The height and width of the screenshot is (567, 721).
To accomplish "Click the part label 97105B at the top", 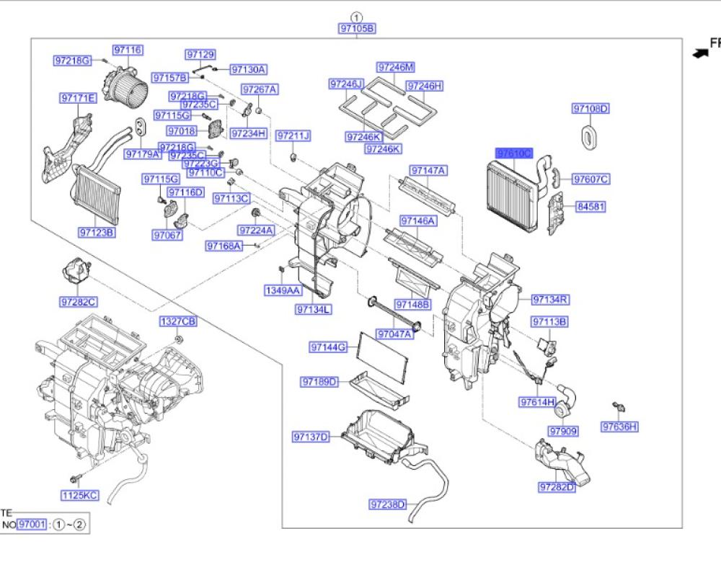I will coord(358,29).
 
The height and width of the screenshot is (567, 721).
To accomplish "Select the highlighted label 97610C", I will coord(514,153).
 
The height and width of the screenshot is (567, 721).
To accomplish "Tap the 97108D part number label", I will coord(591,109).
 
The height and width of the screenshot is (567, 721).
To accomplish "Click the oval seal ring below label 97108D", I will coord(590,137).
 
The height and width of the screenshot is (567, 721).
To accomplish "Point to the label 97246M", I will coord(397,67).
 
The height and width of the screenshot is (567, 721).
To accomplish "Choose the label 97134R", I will coord(551,299).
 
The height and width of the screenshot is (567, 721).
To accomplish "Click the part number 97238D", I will coord(388,504).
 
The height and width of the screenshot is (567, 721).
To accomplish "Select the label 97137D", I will coord(311,437).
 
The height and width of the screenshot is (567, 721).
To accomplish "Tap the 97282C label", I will coord(79,302).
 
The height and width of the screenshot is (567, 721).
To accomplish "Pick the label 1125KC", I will coord(79,495).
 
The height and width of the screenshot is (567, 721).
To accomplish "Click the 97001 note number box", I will coord(32,524).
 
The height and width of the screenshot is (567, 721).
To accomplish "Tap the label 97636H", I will coord(620,427).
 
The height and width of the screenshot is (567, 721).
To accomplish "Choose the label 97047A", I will coord(395,334).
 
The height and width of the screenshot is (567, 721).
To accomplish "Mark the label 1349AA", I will coord(281,290).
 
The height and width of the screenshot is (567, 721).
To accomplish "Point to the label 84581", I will coord(590,207).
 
